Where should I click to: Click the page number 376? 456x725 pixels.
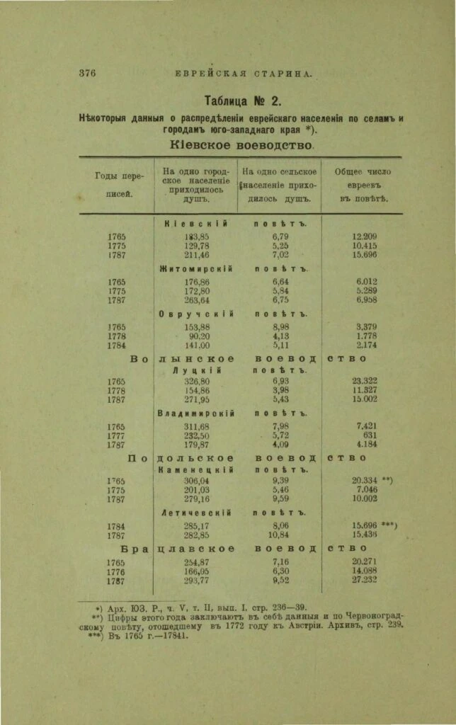point(86,73)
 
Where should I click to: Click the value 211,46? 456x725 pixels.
point(197,255)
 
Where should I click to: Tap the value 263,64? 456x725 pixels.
point(197,300)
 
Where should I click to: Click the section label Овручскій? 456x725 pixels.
point(195,314)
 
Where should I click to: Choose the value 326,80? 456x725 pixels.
point(197,380)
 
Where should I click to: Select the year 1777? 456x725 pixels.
point(117,435)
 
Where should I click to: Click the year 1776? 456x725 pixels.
point(117,571)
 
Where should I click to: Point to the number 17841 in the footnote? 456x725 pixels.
point(168,635)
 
